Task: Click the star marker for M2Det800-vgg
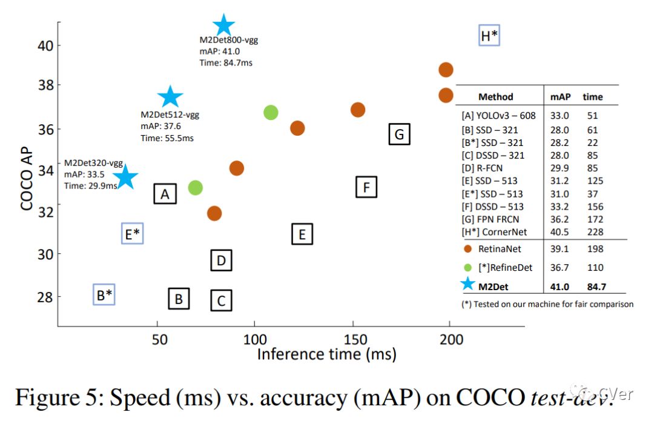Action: coord(224,25)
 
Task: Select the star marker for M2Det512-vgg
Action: coord(170,96)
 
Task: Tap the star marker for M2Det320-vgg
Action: coord(126,177)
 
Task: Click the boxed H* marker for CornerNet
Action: coord(489,36)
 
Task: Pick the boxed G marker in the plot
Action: coord(399,134)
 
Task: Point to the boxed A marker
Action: coord(165,194)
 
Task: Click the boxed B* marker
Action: coord(105,295)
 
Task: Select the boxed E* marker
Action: coord(132,233)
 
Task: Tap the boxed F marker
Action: coord(366,187)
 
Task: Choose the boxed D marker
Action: coord(222,260)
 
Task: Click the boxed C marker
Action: coord(222,300)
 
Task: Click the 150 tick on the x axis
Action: coord(355,339)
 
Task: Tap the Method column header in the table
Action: coord(495,96)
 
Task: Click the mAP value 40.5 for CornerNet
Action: coord(558,232)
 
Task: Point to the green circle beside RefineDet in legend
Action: coord(467,267)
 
